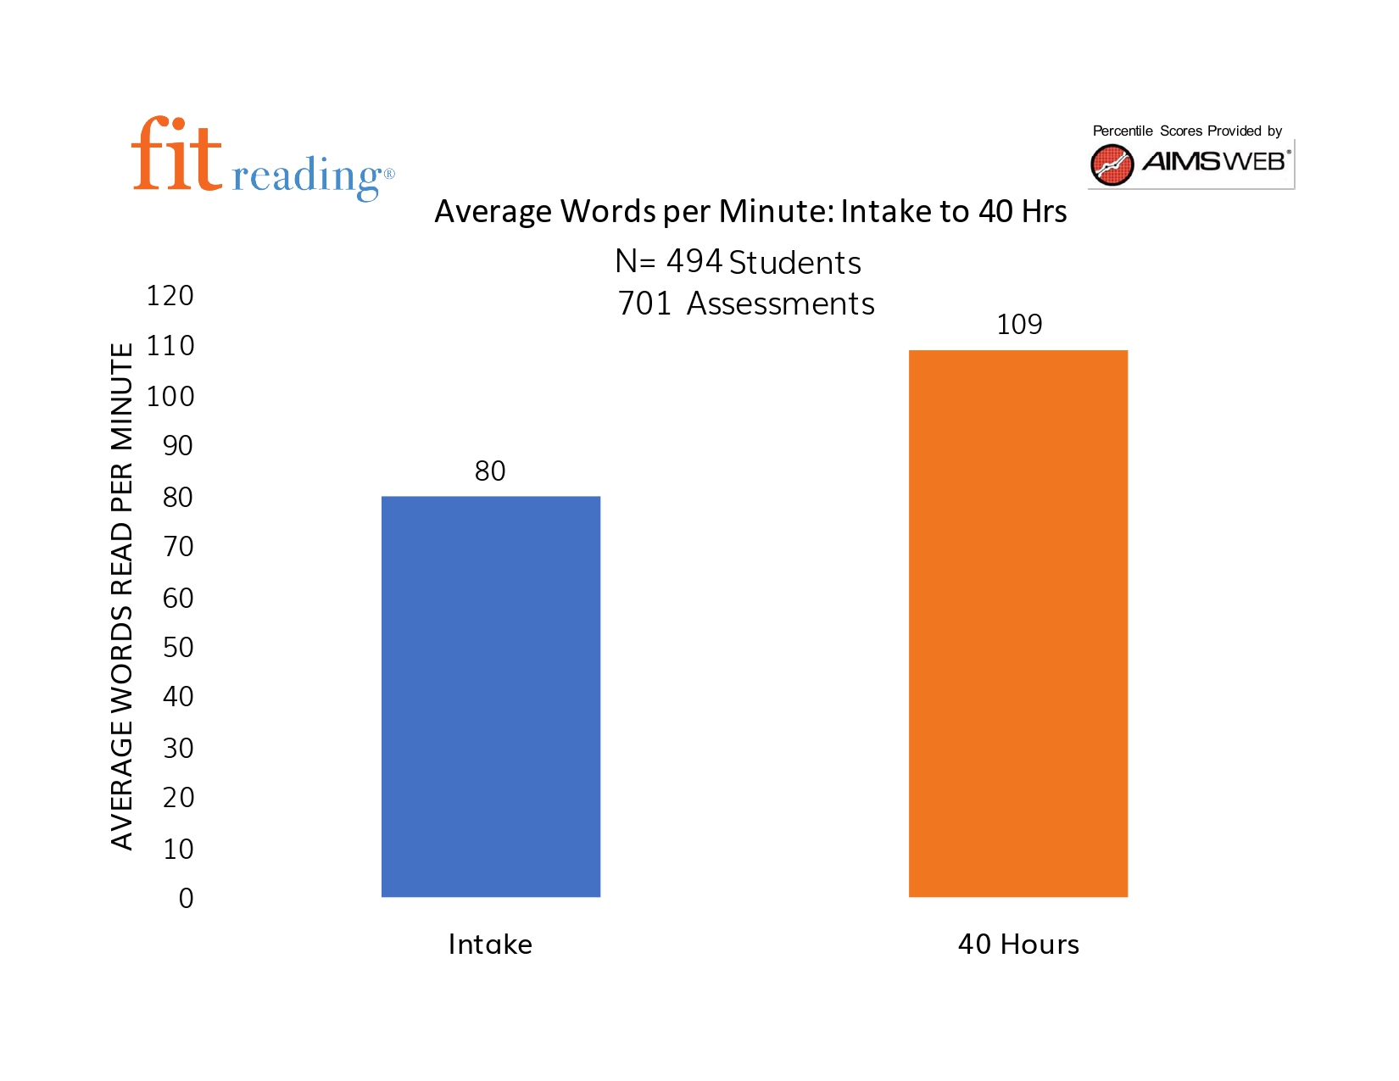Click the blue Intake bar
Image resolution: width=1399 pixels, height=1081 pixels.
[x=491, y=696]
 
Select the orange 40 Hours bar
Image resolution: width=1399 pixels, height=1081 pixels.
[x=1018, y=623]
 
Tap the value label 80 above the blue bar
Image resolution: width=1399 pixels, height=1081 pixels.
[x=490, y=471]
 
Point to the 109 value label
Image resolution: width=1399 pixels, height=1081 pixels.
[x=1019, y=324]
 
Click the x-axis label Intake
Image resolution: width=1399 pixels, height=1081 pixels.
[x=490, y=944]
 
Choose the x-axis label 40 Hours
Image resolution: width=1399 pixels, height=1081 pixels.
[x=1018, y=944]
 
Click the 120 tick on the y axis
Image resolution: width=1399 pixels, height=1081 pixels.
[x=170, y=296]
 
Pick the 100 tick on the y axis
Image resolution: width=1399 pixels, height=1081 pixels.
[x=170, y=396]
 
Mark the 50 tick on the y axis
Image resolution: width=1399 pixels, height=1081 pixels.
[x=178, y=647]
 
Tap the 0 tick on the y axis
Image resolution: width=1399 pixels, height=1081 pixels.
[x=187, y=898]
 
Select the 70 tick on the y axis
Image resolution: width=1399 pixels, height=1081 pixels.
[x=178, y=547]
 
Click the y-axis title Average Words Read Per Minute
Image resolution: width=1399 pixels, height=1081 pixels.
[x=122, y=596]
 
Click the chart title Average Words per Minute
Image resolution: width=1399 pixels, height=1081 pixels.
[x=750, y=211]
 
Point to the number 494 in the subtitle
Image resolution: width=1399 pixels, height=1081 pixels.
[x=694, y=262]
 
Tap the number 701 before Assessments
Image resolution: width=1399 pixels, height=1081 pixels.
[x=644, y=304]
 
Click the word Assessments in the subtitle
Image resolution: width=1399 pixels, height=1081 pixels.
[x=780, y=304]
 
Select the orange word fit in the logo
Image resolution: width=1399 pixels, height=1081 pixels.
[x=176, y=155]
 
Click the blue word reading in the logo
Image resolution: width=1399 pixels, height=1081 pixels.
[x=307, y=176]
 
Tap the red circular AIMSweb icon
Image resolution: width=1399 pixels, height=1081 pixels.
[x=1112, y=164]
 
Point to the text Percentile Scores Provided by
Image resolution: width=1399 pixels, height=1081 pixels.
[x=1187, y=131]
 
